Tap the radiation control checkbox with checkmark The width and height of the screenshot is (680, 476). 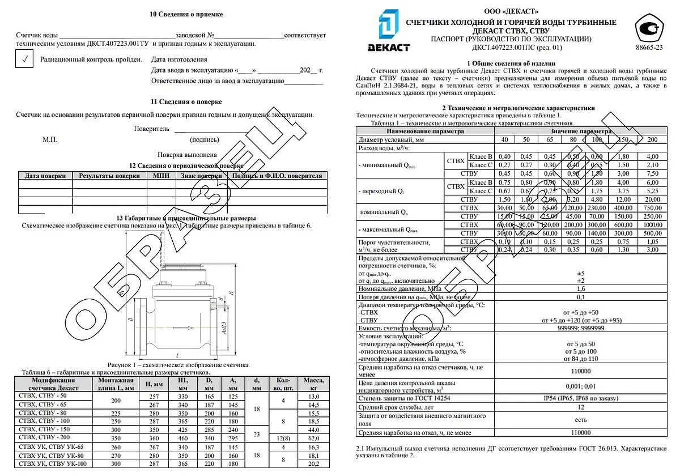[24, 59]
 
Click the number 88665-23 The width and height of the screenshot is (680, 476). [649, 48]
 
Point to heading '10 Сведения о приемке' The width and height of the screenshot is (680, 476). [186, 14]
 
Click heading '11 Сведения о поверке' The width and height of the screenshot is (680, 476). [186, 102]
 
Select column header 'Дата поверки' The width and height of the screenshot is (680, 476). [45, 176]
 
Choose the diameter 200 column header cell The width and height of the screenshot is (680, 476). [652, 139]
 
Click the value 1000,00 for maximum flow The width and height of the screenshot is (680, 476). [652, 224]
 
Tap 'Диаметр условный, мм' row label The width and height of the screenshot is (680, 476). [392, 139]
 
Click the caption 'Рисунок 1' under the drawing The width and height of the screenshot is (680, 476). [178, 365]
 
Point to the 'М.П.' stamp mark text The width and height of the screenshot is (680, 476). [49, 139]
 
